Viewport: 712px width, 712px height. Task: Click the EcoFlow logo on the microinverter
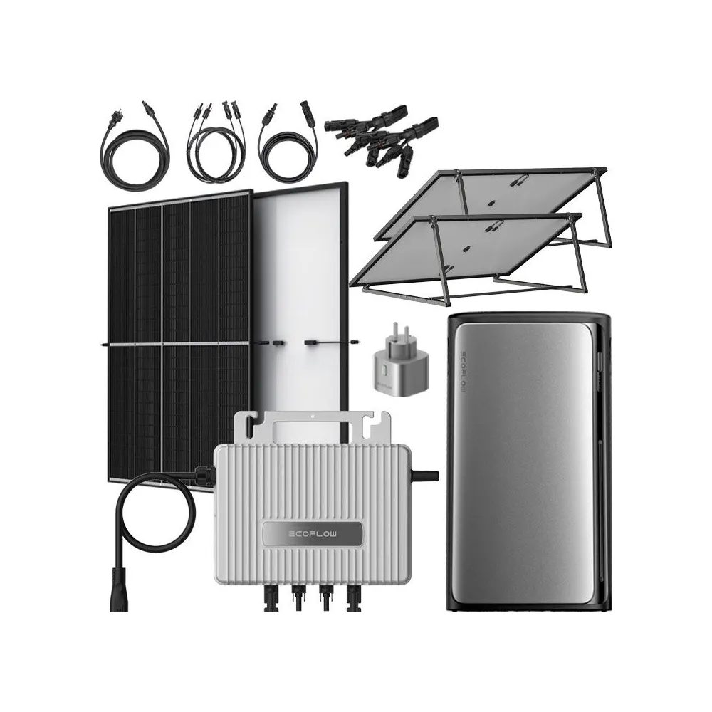click(310, 533)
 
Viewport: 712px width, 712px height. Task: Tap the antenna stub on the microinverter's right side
click(426, 473)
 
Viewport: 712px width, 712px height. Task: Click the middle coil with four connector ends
click(214, 146)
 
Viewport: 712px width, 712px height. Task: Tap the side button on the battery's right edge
click(604, 370)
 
